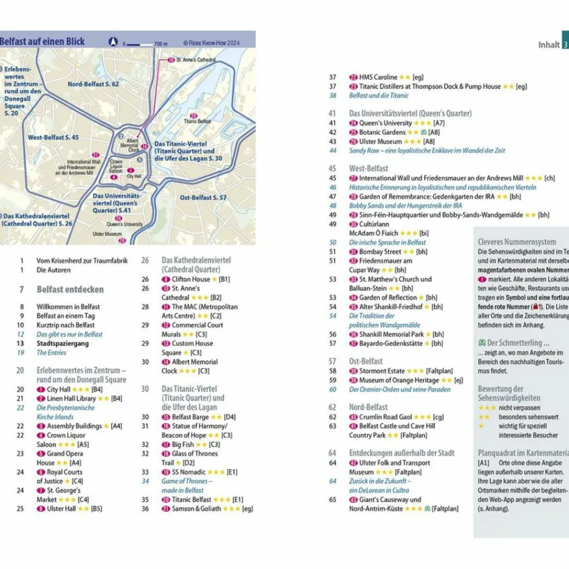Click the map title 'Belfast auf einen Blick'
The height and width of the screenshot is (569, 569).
coord(42,41)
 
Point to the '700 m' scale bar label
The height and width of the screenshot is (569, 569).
coord(161,43)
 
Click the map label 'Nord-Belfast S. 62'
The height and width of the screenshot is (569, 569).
coord(93,84)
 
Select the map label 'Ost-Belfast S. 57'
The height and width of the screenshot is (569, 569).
coord(203,197)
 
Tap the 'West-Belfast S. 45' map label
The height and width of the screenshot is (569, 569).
coord(53,137)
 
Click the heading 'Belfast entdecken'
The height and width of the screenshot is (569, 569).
coord(70,290)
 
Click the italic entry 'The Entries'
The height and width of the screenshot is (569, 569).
coord(51,353)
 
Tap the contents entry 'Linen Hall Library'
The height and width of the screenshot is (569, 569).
coord(71,398)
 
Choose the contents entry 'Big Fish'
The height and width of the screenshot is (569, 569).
coord(183,445)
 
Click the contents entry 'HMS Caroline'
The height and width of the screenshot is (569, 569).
coord(378,77)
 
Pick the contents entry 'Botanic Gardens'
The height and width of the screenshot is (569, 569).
coord(382,132)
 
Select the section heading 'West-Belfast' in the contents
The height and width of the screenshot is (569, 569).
coord(368,168)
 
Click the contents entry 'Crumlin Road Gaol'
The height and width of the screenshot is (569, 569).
coord(386,417)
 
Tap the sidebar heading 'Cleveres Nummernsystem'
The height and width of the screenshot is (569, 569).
coord(517,242)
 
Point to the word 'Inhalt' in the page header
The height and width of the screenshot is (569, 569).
coord(548,44)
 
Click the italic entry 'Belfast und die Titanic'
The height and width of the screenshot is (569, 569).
coord(378,96)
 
